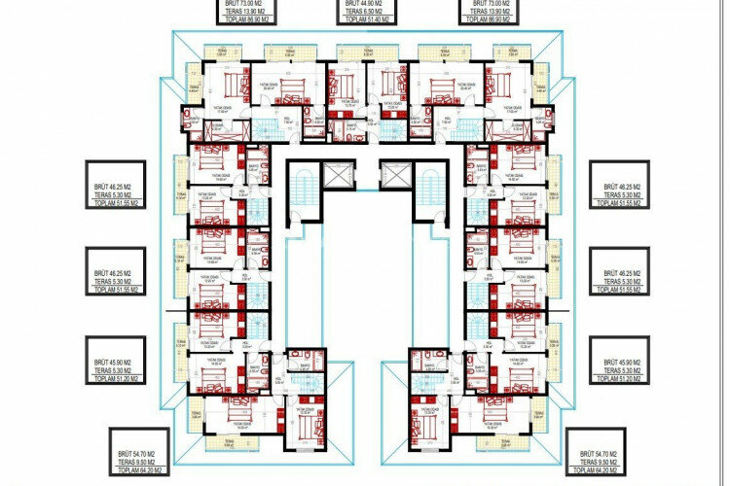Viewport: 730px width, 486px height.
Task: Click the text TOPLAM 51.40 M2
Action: pyautogui.click(x=366, y=17)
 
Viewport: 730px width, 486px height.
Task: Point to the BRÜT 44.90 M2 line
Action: pyautogui.click(x=366, y=3)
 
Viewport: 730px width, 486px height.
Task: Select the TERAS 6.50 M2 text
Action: pyautogui.click(x=366, y=10)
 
